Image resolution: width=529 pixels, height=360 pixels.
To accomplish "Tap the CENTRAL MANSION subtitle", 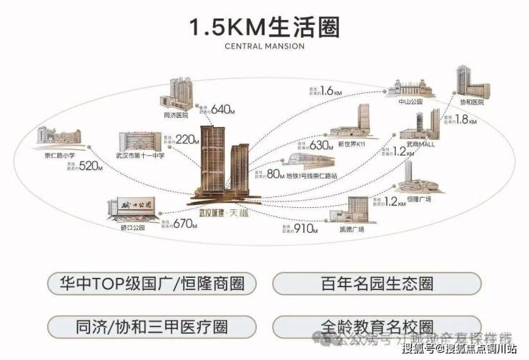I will (x=264, y=46).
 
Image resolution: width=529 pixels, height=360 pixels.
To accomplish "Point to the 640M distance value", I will (x=224, y=109).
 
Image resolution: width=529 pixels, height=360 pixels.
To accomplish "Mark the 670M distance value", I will (x=184, y=224).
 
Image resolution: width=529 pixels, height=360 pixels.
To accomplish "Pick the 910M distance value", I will (x=305, y=230).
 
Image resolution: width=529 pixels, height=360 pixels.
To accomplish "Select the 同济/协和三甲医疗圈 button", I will (x=151, y=326).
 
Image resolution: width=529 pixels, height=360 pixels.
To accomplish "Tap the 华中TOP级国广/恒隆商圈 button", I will (x=151, y=284).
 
